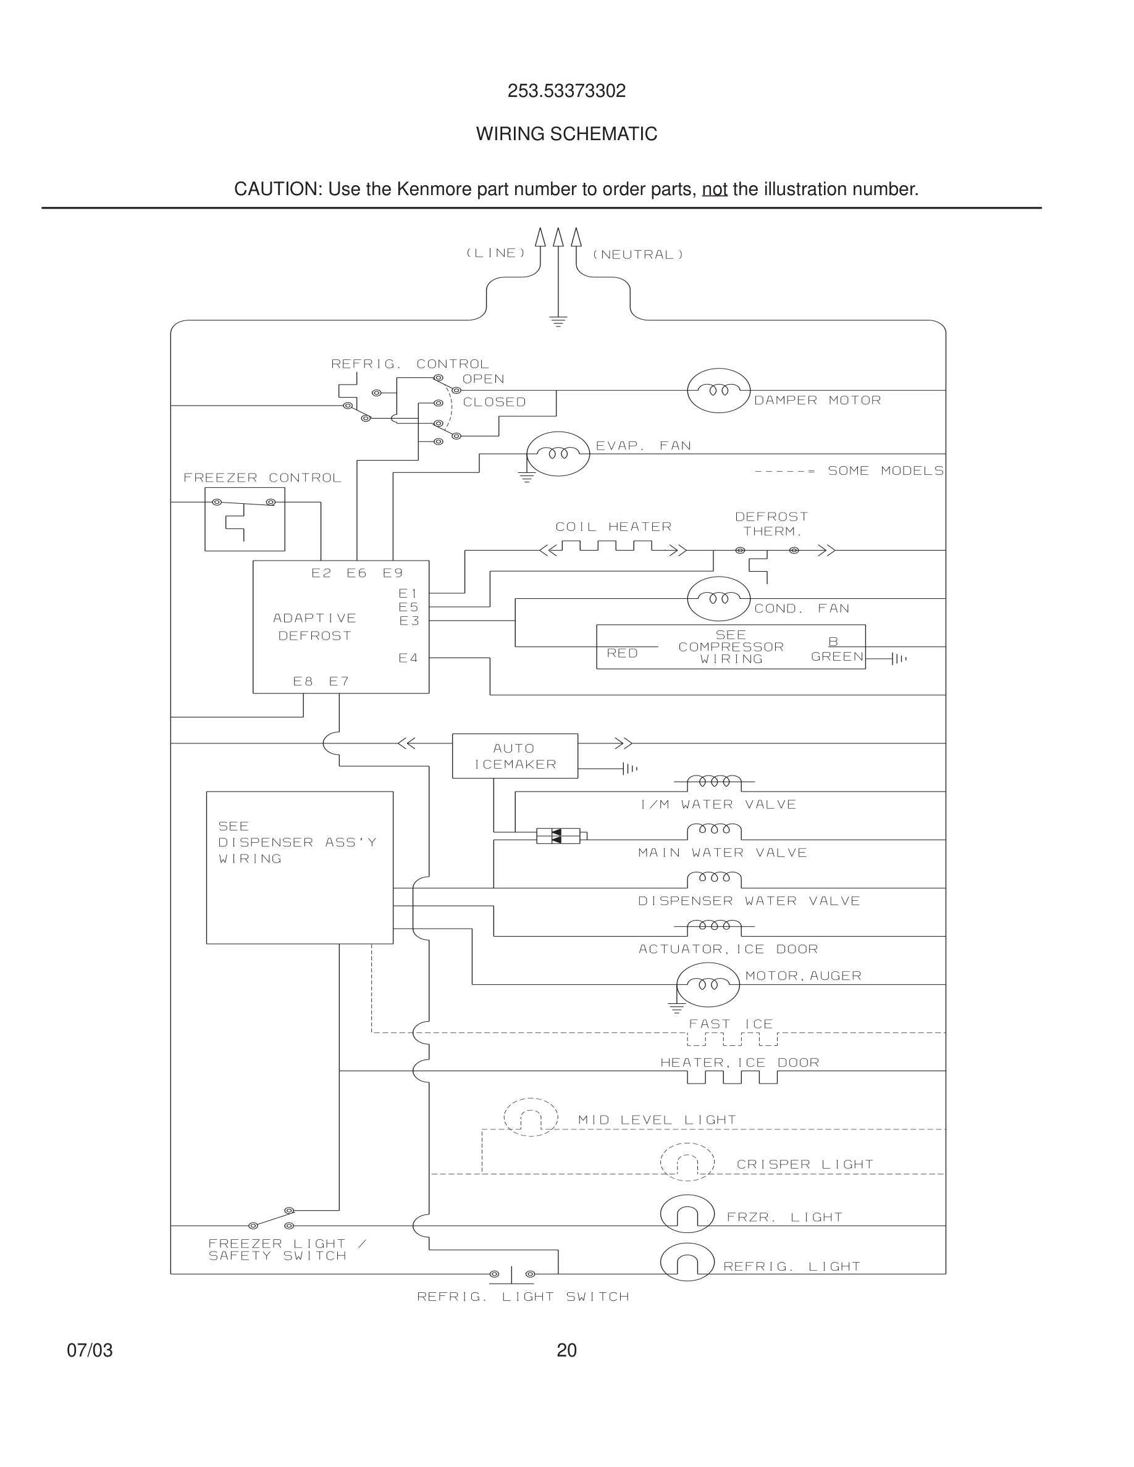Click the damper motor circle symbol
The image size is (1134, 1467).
pos(718,390)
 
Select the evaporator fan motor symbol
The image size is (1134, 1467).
pos(558,454)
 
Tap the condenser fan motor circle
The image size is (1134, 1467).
pos(718,598)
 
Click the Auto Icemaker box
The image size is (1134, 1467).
pos(514,756)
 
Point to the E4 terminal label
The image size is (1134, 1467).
pos(408,658)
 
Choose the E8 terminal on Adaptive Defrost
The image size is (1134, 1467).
pos(303,681)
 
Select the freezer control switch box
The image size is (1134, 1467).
pos(245,519)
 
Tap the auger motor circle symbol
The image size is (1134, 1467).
pos(707,985)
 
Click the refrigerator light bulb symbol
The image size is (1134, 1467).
pos(687,1262)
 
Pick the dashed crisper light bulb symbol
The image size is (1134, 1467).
pos(687,1162)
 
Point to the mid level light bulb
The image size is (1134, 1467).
pos(531,1117)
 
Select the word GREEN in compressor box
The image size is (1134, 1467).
pos(837,656)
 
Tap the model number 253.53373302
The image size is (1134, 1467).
pos(566,91)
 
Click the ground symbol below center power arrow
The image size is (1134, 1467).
pos(558,321)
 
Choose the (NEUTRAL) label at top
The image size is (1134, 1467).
pos(637,254)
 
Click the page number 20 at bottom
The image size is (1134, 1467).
pos(566,1350)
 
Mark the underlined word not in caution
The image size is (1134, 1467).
pos(714,190)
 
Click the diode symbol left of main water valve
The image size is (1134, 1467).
pos(558,836)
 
